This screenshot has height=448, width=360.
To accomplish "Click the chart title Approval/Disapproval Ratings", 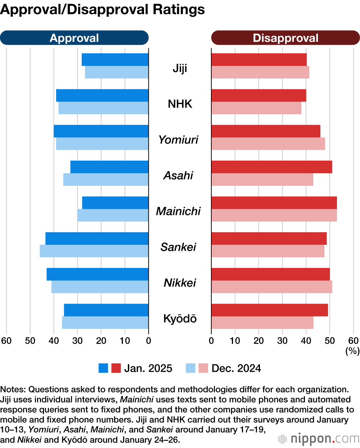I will pyautogui.click(x=103, y=10).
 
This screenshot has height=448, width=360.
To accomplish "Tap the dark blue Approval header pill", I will pyautogui.click(x=74, y=38).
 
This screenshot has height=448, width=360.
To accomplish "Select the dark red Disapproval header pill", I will pyautogui.click(x=285, y=38).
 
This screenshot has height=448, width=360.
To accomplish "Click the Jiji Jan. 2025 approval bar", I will pyautogui.click(x=115, y=60).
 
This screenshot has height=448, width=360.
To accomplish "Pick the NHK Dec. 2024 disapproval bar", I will pyautogui.click(x=256, y=108).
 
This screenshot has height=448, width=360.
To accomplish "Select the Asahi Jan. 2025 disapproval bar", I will pyautogui.click(x=272, y=167).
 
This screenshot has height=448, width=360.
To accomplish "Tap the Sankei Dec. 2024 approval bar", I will pyautogui.click(x=94, y=251).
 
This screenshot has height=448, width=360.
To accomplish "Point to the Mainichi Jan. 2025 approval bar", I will pyautogui.click(x=115, y=203).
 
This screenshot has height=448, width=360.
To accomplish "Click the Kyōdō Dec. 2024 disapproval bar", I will pyautogui.click(x=262, y=323).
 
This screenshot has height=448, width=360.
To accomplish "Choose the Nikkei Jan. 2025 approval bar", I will pyautogui.click(x=98, y=274).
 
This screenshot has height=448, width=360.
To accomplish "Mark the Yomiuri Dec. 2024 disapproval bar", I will pyautogui.click(x=268, y=144).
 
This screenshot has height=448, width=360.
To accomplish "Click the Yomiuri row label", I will pyautogui.click(x=179, y=140).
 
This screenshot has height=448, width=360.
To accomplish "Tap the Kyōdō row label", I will pyautogui.click(x=180, y=319).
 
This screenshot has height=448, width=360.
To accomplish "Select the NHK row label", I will pyautogui.click(x=180, y=104).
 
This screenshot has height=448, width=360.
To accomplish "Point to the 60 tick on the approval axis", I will pyautogui.click(x=6, y=341).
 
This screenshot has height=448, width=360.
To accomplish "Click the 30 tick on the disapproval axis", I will pyautogui.click(x=282, y=341).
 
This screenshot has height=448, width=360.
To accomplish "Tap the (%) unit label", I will pyautogui.click(x=352, y=350).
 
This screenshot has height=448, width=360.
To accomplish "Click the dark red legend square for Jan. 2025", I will pyautogui.click(x=116, y=368).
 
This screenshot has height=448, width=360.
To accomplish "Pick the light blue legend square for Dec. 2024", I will pyautogui.click(x=190, y=368).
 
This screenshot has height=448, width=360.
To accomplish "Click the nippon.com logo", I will pyautogui.click(x=319, y=439).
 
